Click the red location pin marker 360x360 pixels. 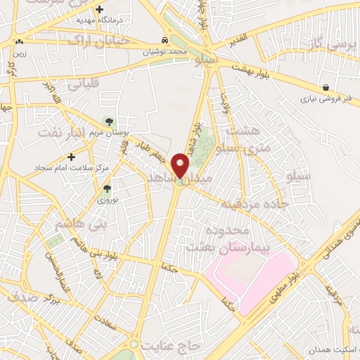181,165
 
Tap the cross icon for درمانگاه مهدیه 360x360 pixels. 100,10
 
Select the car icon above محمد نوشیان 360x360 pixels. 164,41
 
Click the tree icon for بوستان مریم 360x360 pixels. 108,122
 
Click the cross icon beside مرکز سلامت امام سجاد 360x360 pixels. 71,156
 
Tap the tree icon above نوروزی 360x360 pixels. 107,188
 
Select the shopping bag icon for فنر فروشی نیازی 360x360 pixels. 326,88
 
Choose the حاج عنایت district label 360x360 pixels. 171,347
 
